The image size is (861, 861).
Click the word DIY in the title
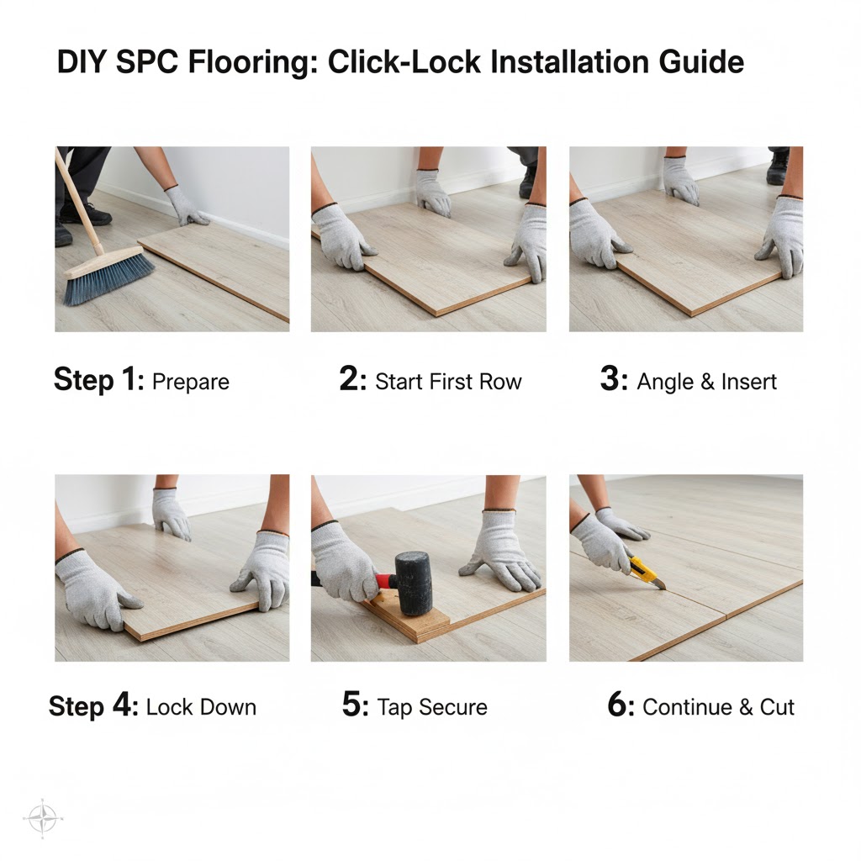pos(82,63)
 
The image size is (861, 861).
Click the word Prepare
pos(191,382)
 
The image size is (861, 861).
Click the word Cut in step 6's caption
pos(777,707)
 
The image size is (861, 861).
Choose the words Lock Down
pos(201,707)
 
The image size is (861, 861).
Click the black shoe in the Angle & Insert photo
pos(777,169)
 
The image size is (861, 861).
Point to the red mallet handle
pos(385,580)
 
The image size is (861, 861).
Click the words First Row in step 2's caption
pos(475,382)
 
